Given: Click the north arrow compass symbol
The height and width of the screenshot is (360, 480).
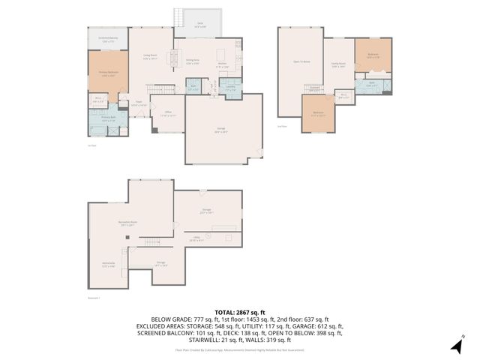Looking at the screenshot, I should coord(456,346).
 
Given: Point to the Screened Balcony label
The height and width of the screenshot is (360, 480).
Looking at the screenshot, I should coord(108,40).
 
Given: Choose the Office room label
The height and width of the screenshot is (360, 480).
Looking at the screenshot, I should coord(168,114).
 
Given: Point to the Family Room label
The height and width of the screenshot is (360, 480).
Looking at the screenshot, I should coord(338,65).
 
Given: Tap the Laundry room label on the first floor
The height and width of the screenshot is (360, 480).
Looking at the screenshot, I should coord(232,88).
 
